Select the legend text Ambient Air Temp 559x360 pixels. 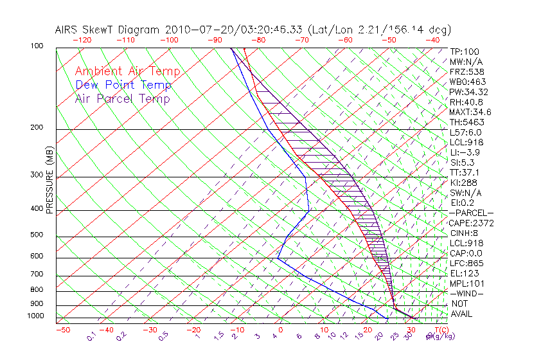pyautogui.click(x=128, y=71)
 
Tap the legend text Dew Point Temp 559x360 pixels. pyautogui.click(x=123, y=85)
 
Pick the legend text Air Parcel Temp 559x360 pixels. pyautogui.click(x=123, y=98)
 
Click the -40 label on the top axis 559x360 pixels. pyautogui.click(x=432, y=40)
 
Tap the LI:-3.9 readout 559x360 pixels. pyautogui.click(x=465, y=152)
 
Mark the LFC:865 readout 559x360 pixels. pyautogui.click(x=466, y=264)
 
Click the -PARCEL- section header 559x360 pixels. pyautogui.click(x=471, y=213)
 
